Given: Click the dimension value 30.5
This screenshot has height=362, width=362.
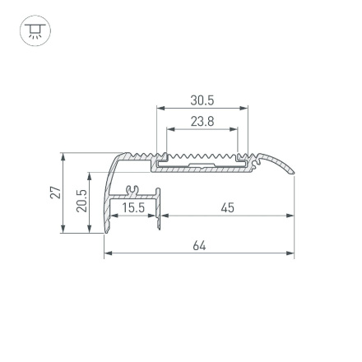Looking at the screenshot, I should click(x=202, y=100).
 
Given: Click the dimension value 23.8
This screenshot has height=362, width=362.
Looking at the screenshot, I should click(x=202, y=121).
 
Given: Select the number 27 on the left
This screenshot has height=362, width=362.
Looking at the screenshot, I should click(x=55, y=193).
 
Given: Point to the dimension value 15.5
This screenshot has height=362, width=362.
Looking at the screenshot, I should click(x=133, y=208).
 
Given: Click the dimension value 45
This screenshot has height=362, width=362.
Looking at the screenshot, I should click(x=228, y=208).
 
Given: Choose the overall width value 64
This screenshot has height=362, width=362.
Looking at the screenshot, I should click(x=198, y=246).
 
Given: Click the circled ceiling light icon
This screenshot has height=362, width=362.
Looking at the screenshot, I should click(x=35, y=32).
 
